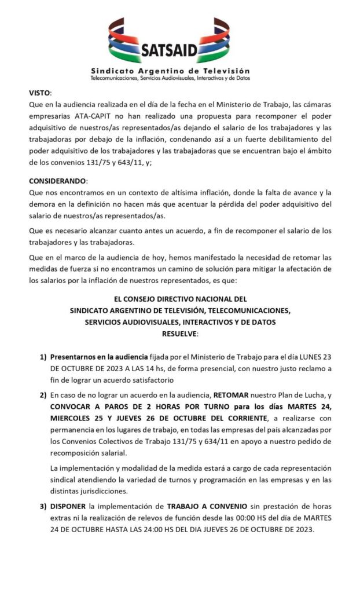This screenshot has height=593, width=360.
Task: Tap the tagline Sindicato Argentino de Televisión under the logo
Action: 170,69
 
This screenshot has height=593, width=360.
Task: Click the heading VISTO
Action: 40,93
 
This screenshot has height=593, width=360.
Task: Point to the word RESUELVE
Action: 179,333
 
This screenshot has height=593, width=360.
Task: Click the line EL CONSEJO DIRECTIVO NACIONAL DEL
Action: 179,299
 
